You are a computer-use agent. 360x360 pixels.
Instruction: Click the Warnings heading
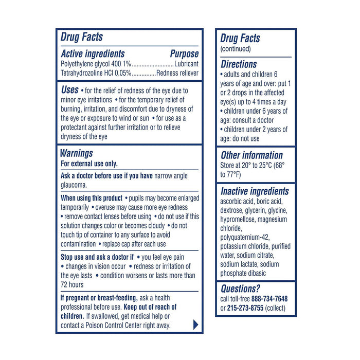pos(77,153)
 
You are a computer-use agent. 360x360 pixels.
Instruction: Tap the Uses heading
pos(69,89)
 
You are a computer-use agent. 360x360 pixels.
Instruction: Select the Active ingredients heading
pos(93,54)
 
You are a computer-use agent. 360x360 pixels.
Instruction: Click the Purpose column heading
pos(184,54)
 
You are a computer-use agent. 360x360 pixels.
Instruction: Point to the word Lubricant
pos(186,64)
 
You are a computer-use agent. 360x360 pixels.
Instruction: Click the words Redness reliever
pos(177,73)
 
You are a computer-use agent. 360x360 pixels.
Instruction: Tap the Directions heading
pos(239,64)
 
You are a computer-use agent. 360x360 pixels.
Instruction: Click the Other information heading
pos(251,155)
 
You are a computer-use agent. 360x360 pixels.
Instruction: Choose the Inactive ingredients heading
pos(255,191)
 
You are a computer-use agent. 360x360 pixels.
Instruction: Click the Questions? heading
pos(240,289)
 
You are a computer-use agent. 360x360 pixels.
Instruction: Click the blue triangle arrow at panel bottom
pos(195,325)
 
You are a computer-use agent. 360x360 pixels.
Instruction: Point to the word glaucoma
pos(75,185)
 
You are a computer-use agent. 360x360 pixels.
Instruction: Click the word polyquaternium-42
pos(245,237)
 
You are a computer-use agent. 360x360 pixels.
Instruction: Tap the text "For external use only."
pos(89,164)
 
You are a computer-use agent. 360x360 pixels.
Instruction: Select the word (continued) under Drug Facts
pos(236,49)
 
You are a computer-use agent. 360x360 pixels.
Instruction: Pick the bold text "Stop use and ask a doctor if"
pos(97,256)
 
